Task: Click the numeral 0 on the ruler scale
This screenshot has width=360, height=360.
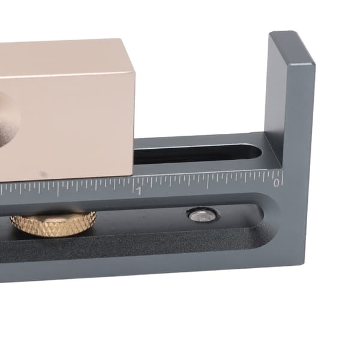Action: point(277,183)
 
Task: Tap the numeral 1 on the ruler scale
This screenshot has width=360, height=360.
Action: point(139,191)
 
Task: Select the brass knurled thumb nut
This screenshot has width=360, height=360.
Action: point(53,224)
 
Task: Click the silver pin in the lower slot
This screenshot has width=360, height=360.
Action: point(202,216)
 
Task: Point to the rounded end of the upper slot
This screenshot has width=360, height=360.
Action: point(257,152)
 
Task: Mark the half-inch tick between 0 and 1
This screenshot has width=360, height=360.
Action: point(208,182)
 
